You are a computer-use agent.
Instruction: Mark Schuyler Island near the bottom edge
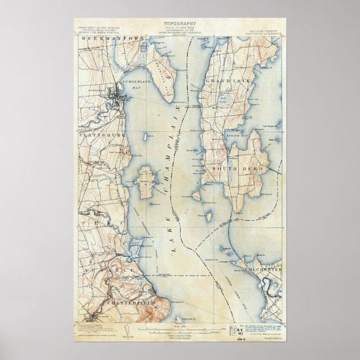[180, 320]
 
